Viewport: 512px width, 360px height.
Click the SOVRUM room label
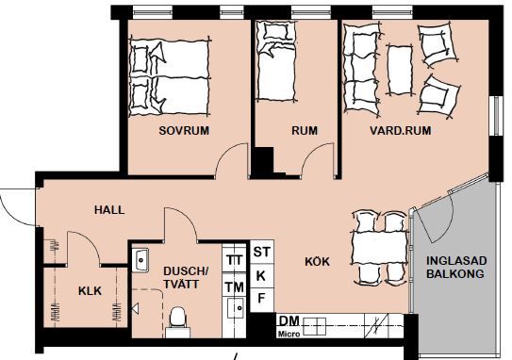point(184,131)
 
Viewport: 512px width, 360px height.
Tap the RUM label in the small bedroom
point(305,131)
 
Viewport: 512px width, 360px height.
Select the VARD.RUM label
point(401,131)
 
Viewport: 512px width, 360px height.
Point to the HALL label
point(109,210)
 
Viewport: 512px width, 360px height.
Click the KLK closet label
point(90,291)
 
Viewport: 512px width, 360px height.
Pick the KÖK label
point(317,261)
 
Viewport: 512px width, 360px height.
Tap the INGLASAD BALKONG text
point(456,268)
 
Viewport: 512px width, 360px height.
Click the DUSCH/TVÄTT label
point(186,277)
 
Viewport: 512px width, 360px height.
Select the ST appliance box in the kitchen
point(262,252)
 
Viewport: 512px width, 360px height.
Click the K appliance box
point(262,276)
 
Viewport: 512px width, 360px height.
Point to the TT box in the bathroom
point(235,259)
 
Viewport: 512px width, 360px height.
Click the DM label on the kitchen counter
point(289,321)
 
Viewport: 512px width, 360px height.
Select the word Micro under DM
point(289,335)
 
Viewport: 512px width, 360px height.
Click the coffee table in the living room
point(400,70)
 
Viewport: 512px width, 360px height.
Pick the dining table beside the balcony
point(379,248)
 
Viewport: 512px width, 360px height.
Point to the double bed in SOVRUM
point(170,77)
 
